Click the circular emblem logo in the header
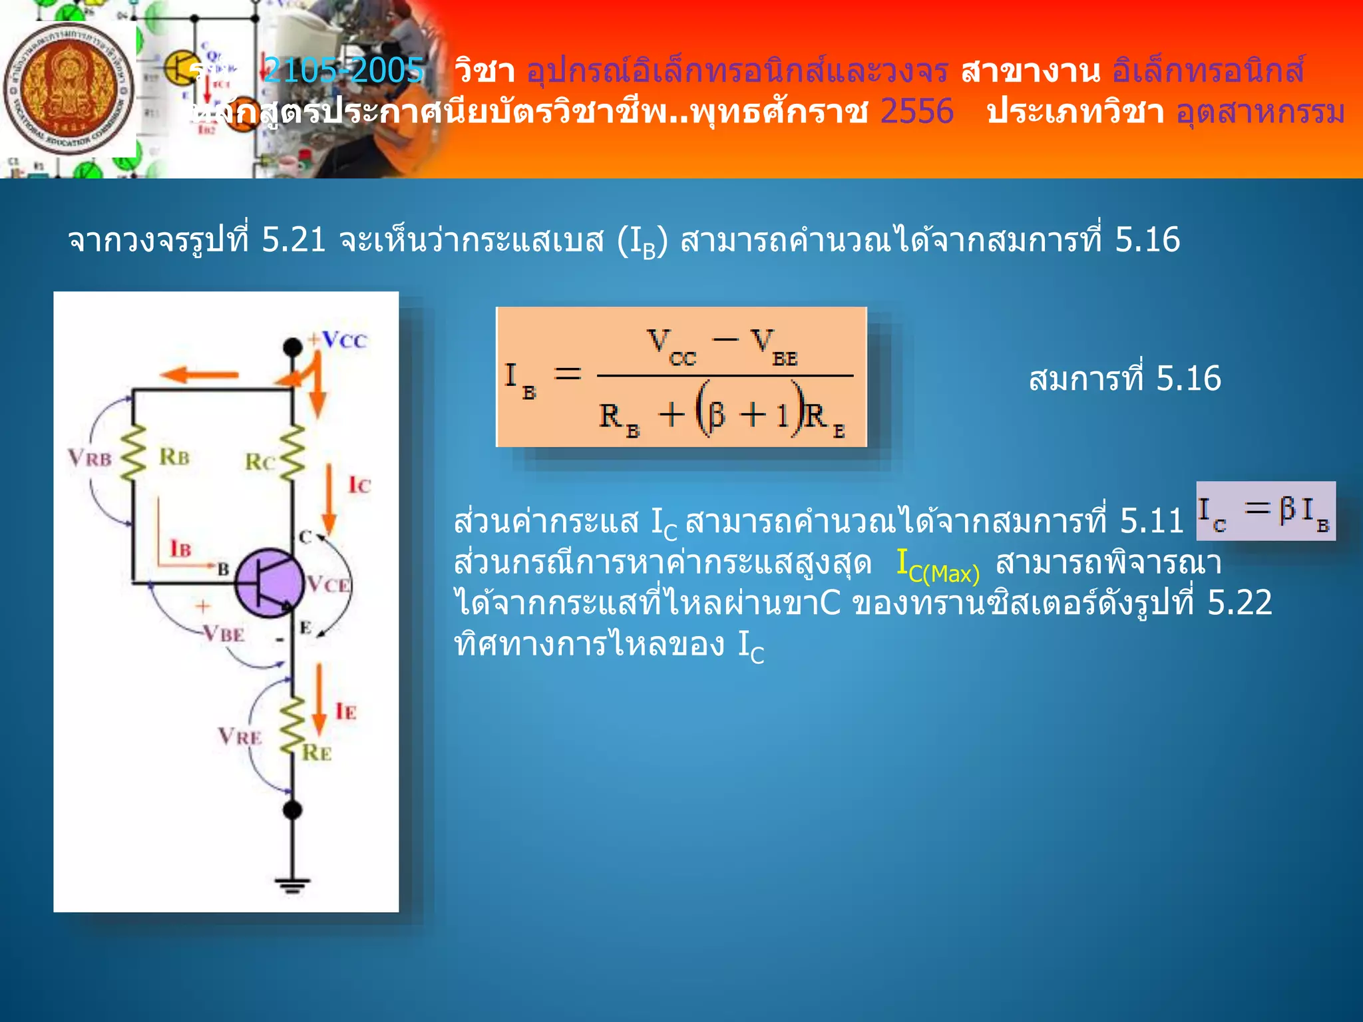click(68, 89)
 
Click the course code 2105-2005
click(343, 70)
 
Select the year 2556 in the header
click(916, 111)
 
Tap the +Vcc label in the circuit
click(338, 340)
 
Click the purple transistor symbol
click(270, 584)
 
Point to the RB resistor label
click(174, 457)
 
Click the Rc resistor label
click(259, 462)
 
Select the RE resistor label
click(317, 753)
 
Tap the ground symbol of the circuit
click(292, 885)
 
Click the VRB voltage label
click(90, 458)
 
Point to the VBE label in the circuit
click(223, 634)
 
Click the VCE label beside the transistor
click(328, 585)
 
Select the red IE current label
click(345, 712)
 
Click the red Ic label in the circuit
click(359, 485)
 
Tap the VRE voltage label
click(240, 737)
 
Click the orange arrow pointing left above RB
click(199, 375)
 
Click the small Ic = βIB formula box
click(1265, 511)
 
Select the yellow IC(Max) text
click(938, 566)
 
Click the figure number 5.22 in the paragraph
click(1239, 603)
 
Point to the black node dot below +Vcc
click(292, 347)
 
